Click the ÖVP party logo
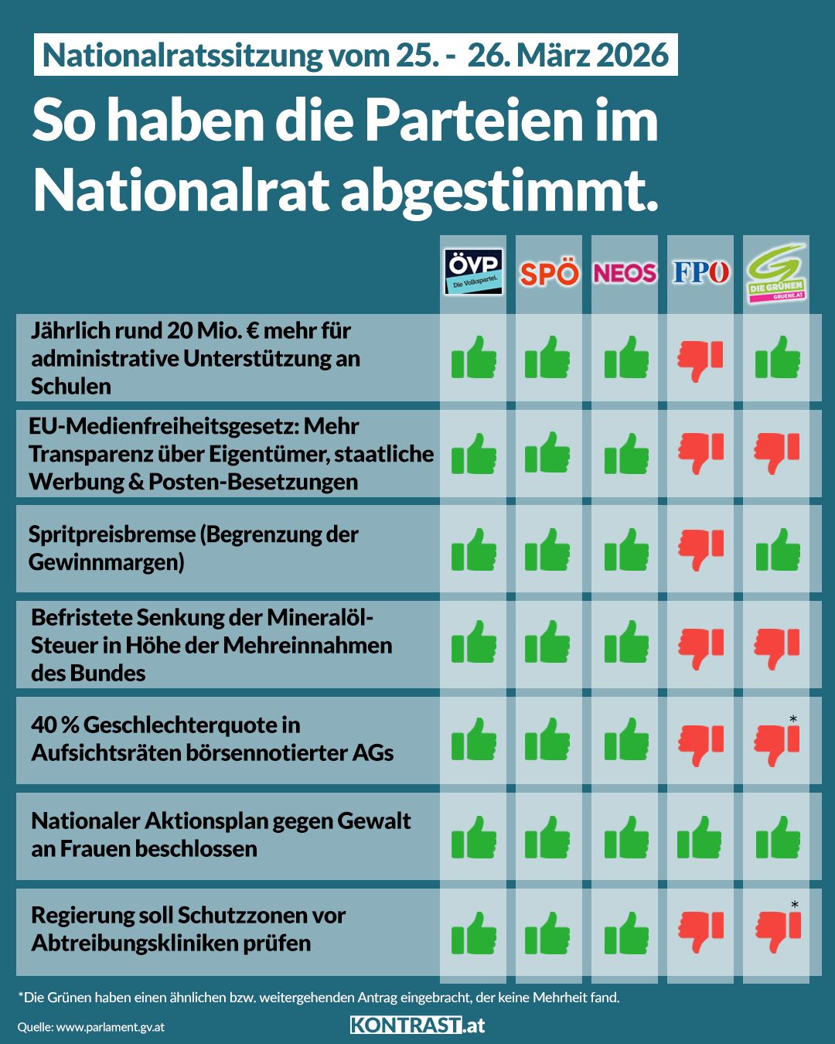(x=473, y=272)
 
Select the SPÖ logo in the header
(x=549, y=274)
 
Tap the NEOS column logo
(x=625, y=273)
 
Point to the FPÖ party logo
(x=700, y=272)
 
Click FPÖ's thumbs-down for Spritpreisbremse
(x=700, y=549)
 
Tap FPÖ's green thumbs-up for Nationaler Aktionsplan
(x=700, y=837)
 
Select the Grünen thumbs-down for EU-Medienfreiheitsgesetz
(x=777, y=452)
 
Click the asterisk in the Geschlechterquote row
(x=793, y=720)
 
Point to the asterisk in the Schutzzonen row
(x=794, y=905)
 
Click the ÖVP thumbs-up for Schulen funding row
(x=473, y=357)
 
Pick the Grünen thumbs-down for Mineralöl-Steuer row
(x=777, y=647)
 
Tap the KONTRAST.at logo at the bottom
(x=417, y=1025)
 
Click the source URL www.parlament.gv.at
(x=110, y=1027)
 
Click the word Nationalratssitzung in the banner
(x=182, y=55)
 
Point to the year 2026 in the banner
(x=632, y=55)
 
